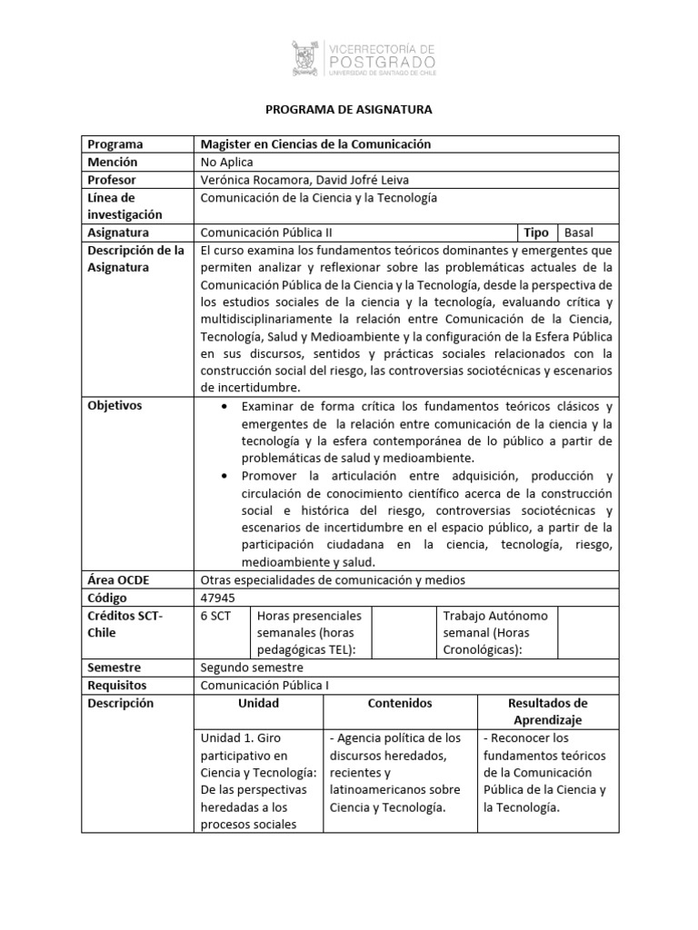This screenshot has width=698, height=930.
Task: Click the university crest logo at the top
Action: [x=307, y=57]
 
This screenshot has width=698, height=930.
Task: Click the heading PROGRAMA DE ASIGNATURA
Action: [x=349, y=110]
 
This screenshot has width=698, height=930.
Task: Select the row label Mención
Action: [x=113, y=162]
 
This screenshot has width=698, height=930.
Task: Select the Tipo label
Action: [x=535, y=232]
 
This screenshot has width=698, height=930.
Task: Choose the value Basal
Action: [x=579, y=232]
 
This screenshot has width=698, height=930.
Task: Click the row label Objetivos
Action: [x=115, y=406]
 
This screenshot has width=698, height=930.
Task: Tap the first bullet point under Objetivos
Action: [x=224, y=406]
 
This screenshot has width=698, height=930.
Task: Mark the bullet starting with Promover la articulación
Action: [x=224, y=477]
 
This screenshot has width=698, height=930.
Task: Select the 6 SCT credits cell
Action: [x=215, y=616]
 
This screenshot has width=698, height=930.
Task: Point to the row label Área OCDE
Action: [x=116, y=580]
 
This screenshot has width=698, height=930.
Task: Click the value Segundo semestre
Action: [x=245, y=668]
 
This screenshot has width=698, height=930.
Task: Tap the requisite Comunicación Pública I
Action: [x=264, y=686]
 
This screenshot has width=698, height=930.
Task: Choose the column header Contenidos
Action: [x=400, y=704]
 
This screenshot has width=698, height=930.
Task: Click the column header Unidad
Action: [x=259, y=704]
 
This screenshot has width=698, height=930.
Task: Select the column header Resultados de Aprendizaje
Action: [x=548, y=711]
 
